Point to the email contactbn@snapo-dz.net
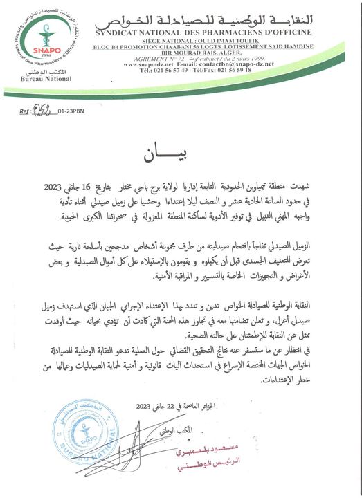242,64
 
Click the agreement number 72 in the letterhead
186,57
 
